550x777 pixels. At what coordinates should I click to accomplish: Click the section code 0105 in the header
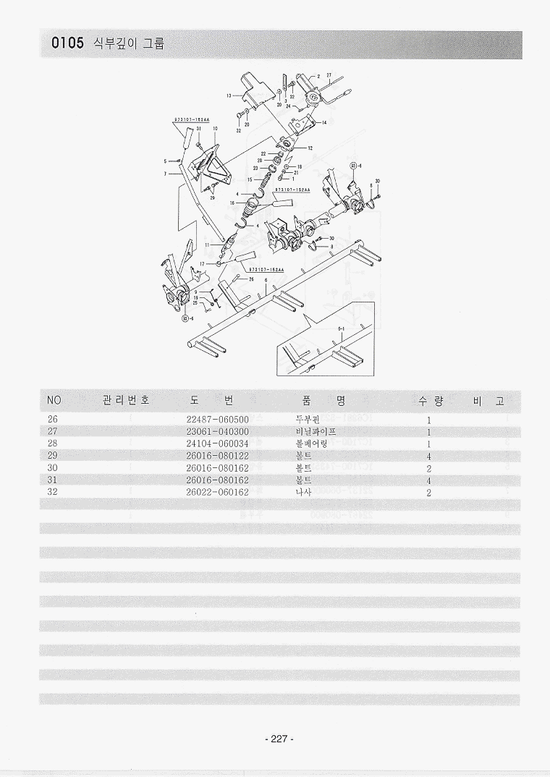(x=67, y=43)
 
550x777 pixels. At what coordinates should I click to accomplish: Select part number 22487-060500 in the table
(x=217, y=420)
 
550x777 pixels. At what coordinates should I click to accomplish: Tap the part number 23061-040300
(x=217, y=432)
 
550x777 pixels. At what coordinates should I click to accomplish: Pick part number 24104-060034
(x=217, y=443)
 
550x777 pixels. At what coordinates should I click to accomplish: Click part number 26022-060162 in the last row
(x=217, y=493)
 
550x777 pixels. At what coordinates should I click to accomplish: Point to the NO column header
(x=54, y=400)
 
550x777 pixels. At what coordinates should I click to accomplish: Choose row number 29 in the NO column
(x=53, y=456)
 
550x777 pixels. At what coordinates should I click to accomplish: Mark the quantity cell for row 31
(x=429, y=480)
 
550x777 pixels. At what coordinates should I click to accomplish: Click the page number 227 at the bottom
(x=276, y=739)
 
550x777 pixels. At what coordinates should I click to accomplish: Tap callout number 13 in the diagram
(x=228, y=96)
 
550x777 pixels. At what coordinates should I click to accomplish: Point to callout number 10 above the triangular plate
(x=215, y=129)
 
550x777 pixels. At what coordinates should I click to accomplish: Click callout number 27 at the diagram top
(x=329, y=75)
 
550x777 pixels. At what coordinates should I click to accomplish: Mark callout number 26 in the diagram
(x=250, y=279)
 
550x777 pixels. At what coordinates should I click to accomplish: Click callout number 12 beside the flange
(x=310, y=148)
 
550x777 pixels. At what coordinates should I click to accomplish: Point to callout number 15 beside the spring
(x=249, y=179)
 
